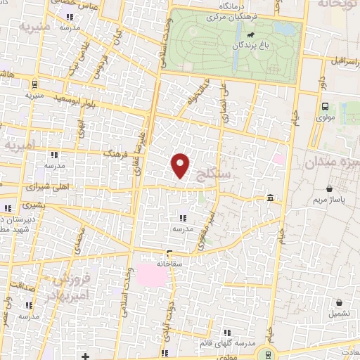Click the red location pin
tap(181, 165)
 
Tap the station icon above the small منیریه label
tap(34, 83)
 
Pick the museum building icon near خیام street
tap(271, 202)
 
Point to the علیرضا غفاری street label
tap(141, 151)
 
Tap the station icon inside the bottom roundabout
tap(266, 352)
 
